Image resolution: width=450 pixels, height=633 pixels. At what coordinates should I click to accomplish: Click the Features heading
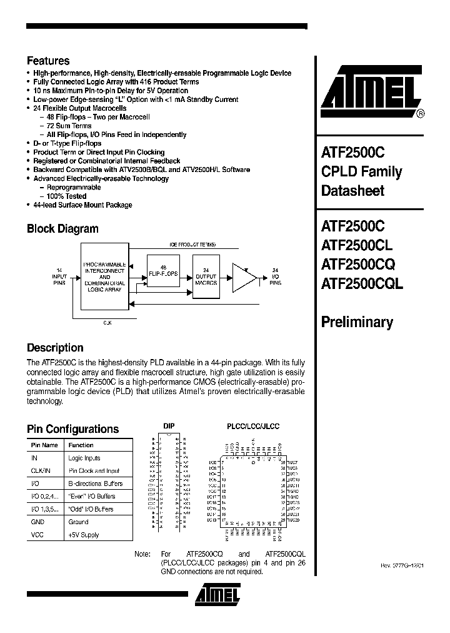click(x=48, y=61)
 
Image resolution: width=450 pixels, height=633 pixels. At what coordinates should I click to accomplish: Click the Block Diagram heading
click(x=62, y=229)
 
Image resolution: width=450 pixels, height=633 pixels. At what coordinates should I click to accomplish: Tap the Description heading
click(x=55, y=348)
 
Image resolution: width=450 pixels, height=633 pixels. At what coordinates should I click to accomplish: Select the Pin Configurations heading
click(x=72, y=429)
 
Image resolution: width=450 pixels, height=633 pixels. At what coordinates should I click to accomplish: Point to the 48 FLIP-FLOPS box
click(x=162, y=271)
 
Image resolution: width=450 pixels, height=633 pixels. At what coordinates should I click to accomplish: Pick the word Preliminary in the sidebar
click(x=357, y=323)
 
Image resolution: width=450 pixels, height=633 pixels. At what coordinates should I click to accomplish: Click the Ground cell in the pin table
click(x=78, y=522)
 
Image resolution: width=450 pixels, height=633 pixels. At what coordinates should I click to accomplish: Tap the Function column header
click(x=81, y=445)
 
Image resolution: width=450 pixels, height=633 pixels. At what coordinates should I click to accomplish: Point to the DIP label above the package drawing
click(x=169, y=426)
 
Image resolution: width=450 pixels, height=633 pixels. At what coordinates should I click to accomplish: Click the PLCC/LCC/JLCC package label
click(x=252, y=426)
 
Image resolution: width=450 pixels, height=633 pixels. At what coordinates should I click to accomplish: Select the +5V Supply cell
click(x=84, y=535)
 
